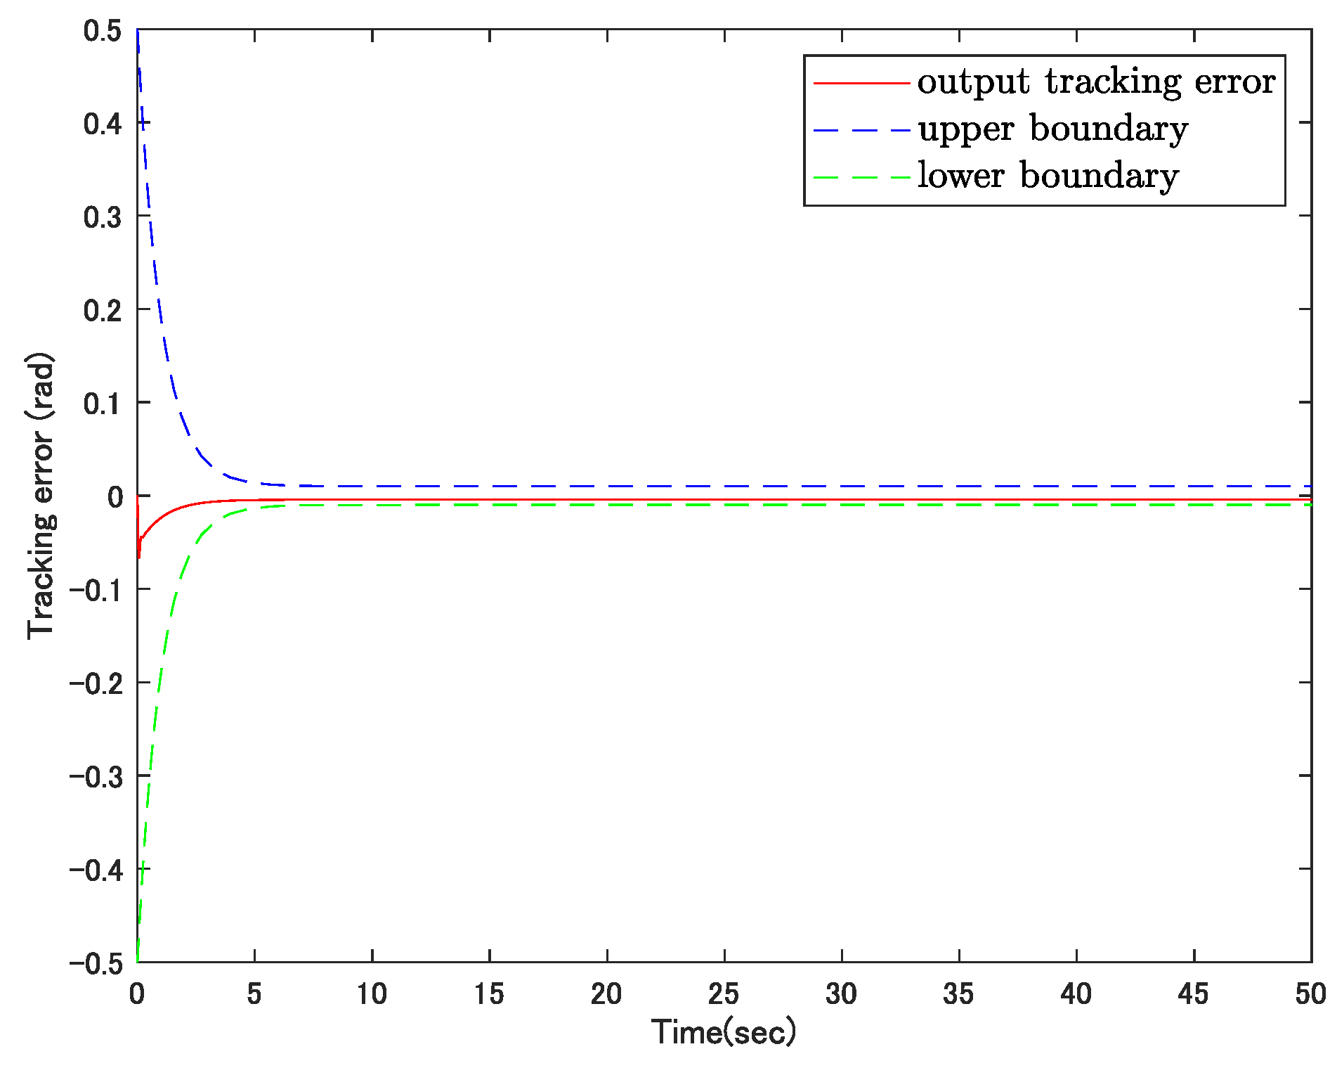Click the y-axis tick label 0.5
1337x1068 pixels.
click(102, 31)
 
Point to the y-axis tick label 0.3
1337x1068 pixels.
click(102, 217)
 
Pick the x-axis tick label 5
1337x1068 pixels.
click(254, 994)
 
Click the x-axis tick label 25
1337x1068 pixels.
click(724, 994)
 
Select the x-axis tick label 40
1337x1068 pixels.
click(1076, 994)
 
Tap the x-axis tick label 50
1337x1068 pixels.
click(1310, 994)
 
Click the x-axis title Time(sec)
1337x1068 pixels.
click(724, 1032)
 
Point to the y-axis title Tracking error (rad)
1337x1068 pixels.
click(41, 496)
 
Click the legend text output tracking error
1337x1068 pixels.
click(1096, 82)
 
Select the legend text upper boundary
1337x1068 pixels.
click(1052, 129)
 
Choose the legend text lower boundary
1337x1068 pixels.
click(1048, 176)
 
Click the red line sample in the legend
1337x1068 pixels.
click(861, 83)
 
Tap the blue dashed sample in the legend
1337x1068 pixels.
click(861, 130)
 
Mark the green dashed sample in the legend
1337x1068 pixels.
click(861, 176)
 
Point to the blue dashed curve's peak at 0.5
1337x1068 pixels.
click(138, 32)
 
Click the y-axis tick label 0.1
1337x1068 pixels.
click(102, 404)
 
